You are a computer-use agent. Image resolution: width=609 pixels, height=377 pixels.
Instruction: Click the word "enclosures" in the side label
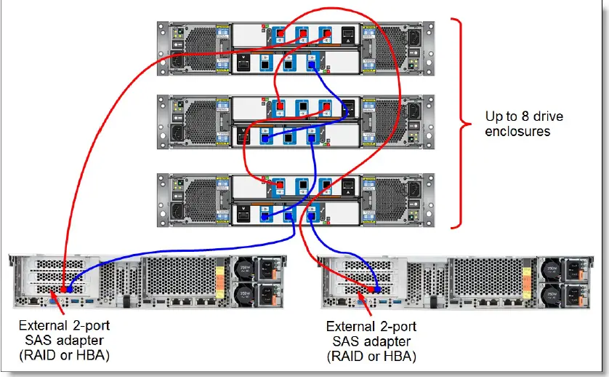click(518, 132)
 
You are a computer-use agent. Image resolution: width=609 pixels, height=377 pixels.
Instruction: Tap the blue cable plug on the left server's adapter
click(70, 290)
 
